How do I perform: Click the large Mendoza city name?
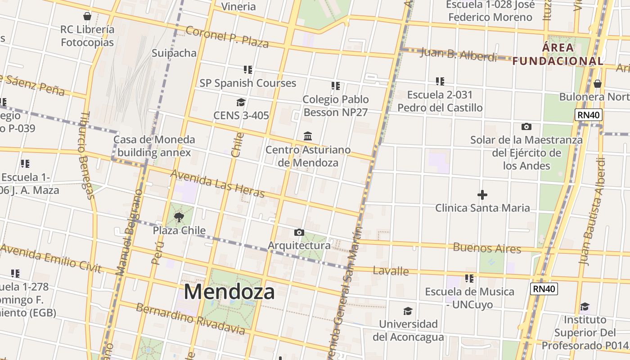[229, 292]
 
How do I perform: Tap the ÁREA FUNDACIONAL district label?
[558, 54]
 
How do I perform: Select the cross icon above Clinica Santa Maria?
[482, 195]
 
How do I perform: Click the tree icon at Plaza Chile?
[179, 218]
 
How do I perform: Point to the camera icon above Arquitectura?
[299, 233]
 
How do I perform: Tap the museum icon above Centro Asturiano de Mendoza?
[308, 136]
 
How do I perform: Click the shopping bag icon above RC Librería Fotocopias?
[87, 17]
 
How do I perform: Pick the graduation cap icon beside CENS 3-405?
[241, 103]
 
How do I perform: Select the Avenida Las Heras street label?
[217, 184]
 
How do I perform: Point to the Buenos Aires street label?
[487, 247]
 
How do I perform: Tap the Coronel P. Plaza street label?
[227, 37]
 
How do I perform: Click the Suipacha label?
[174, 53]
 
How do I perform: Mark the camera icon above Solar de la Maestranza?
[526, 127]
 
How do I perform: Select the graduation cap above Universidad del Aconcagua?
[408, 311]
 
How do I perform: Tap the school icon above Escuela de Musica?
[469, 279]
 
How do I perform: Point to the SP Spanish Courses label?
[248, 83]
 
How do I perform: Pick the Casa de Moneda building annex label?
[154, 146]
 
